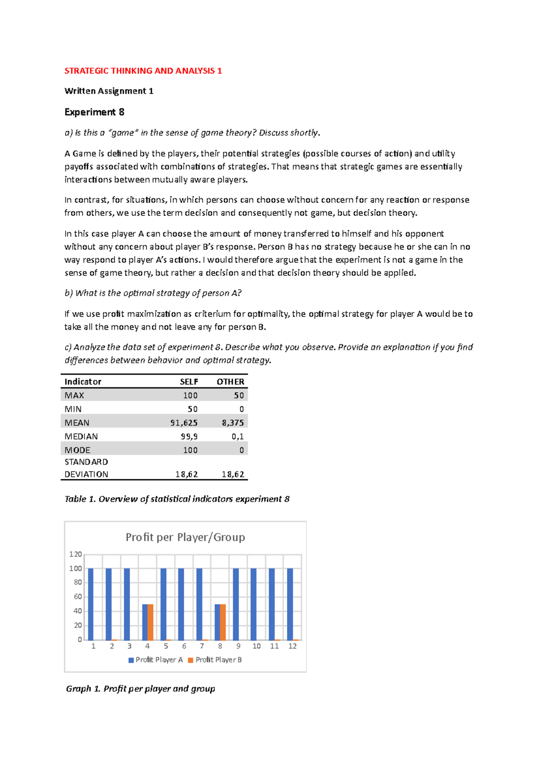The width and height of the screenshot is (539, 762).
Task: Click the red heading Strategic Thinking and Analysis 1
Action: click(x=143, y=71)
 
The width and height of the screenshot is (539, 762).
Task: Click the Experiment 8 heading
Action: click(x=94, y=112)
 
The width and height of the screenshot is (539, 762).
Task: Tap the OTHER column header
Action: click(x=230, y=382)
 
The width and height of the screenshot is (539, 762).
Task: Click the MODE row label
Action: click(x=77, y=450)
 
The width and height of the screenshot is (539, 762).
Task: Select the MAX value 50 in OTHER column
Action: click(x=239, y=395)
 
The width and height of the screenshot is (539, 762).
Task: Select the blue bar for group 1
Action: click(x=91, y=604)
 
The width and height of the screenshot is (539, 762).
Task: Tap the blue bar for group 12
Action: click(x=290, y=604)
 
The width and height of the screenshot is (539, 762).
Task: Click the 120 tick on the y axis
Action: click(x=75, y=555)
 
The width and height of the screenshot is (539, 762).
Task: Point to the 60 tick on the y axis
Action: click(x=78, y=597)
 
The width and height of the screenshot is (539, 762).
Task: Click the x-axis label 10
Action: click(x=256, y=646)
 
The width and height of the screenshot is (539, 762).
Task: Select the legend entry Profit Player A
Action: click(x=155, y=660)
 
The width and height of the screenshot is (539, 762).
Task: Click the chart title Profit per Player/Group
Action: click(x=185, y=537)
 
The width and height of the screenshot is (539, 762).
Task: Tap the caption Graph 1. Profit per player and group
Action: click(x=140, y=689)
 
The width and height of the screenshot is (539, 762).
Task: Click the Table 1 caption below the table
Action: click(x=177, y=499)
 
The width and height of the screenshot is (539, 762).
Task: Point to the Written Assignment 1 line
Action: click(x=109, y=91)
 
